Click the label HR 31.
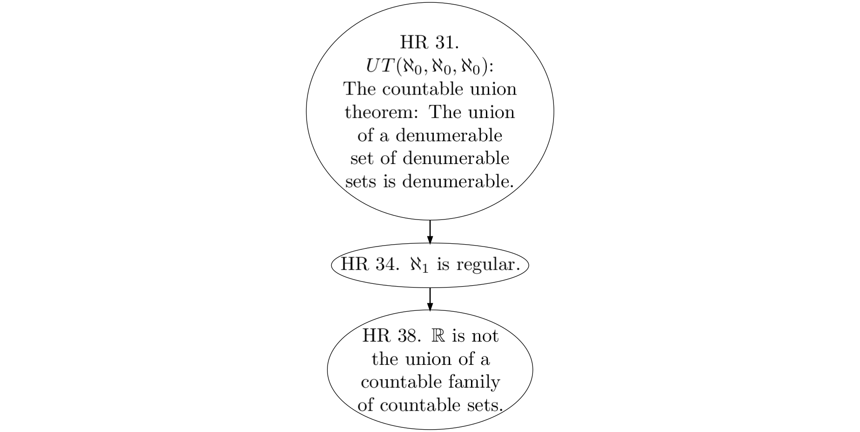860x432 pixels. coord(430,42)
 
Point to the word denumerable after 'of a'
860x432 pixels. coord(449,135)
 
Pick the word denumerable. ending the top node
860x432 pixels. coord(458,181)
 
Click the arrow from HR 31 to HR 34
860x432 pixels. coord(430,232)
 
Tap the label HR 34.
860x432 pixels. coord(370,264)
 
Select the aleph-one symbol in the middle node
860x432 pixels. coord(418,265)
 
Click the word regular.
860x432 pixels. coord(488,265)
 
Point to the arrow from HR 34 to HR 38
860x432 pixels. coord(430,299)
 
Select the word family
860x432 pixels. coord(474,382)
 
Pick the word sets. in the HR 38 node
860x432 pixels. coord(485,405)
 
